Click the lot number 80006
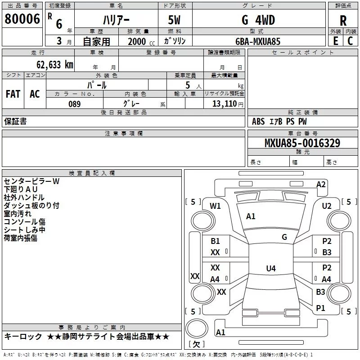(x=22, y=19)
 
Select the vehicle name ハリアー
(x=116, y=20)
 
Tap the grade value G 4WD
(x=258, y=20)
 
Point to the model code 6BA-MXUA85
(x=258, y=41)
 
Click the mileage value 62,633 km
(x=55, y=65)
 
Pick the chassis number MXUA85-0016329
(x=302, y=143)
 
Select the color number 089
(x=75, y=104)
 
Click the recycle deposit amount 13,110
(x=225, y=103)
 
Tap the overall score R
(x=343, y=21)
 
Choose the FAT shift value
(x=13, y=94)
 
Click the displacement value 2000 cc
(x=141, y=41)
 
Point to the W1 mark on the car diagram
(x=215, y=206)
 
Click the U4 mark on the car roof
(x=271, y=268)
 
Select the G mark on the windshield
(x=284, y=237)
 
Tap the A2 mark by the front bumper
(x=321, y=184)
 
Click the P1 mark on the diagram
(x=320, y=308)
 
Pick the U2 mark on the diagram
(x=327, y=206)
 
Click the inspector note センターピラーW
(x=31, y=181)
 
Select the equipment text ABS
(x=258, y=121)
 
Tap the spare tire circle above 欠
(x=197, y=328)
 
